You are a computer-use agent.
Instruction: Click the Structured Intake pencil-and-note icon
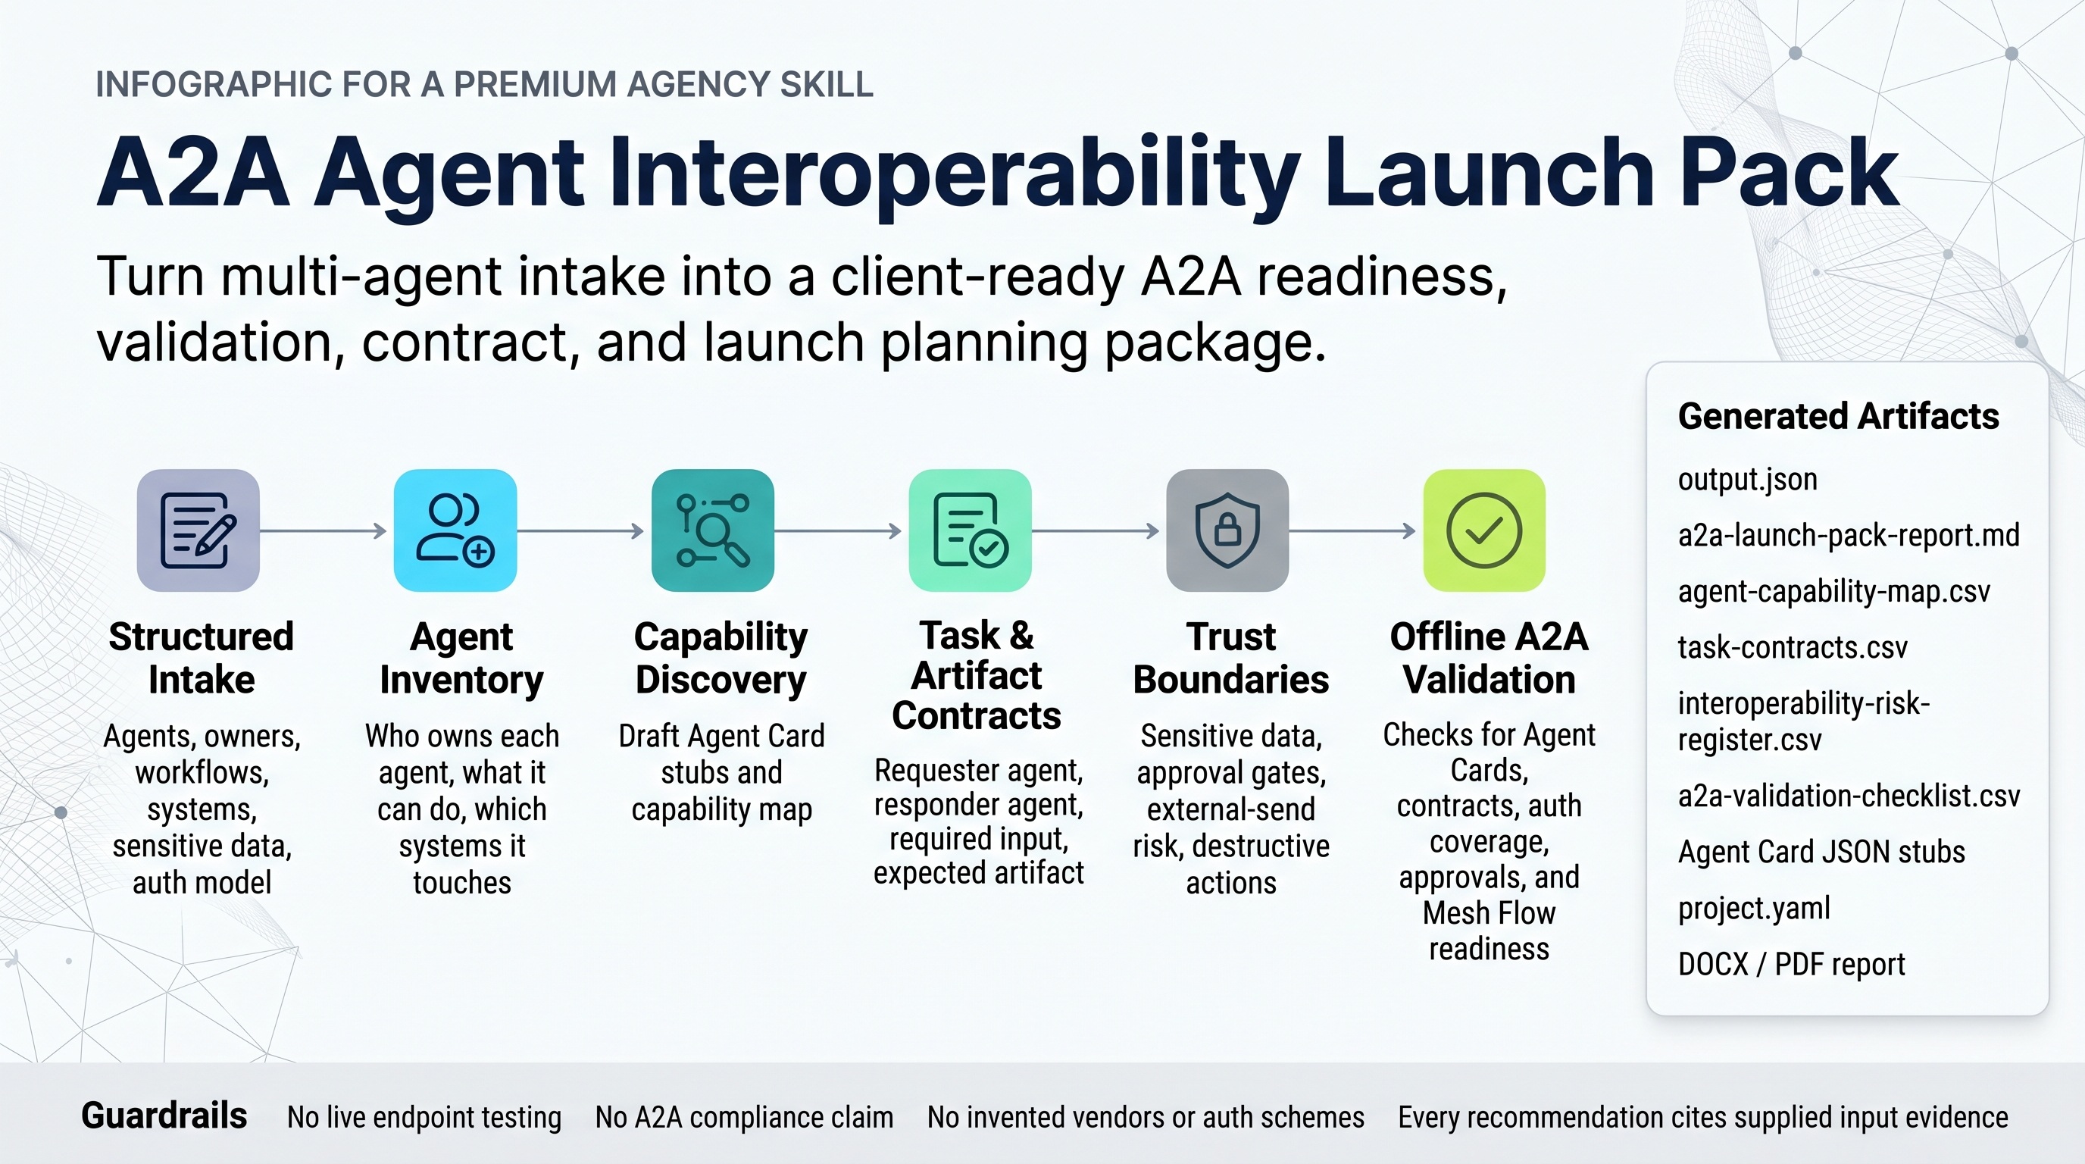(198, 530)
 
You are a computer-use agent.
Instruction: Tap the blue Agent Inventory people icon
(455, 530)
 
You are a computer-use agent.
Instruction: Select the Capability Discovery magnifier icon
(712, 530)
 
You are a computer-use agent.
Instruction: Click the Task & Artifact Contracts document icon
(970, 530)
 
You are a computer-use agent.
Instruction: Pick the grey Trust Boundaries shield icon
(1227, 530)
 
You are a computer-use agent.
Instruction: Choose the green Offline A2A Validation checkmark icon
(1484, 530)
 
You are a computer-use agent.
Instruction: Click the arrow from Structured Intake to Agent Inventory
(324, 531)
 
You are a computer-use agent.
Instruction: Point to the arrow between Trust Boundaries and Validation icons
(1352, 531)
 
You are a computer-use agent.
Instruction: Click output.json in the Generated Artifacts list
(1748, 480)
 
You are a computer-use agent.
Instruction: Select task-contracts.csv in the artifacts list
(1793, 648)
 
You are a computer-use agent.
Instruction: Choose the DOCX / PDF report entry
(1791, 964)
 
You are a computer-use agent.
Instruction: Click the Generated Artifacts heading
(1838, 416)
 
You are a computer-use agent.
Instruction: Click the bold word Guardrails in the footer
(164, 1115)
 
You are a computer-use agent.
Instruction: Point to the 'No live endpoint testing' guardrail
(424, 1117)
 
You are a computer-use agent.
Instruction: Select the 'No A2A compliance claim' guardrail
(745, 1117)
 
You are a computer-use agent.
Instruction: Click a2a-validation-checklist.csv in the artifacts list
(1849, 796)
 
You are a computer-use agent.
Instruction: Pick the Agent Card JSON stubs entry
(1821, 853)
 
